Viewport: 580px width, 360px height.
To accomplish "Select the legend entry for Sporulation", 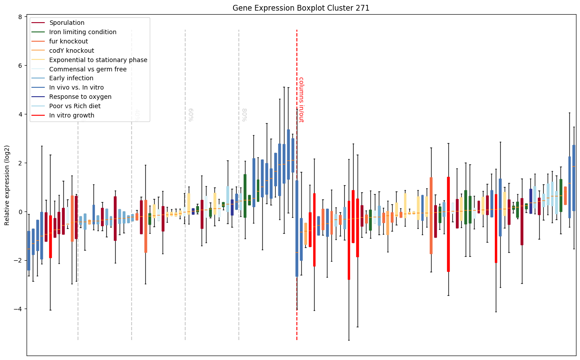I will (x=67, y=23).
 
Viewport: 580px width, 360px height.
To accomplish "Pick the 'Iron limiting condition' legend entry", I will (x=83, y=32).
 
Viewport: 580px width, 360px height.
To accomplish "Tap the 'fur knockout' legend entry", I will (x=69, y=42).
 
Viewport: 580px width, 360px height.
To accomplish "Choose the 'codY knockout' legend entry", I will (x=72, y=51).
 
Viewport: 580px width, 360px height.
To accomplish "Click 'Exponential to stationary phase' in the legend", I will (x=98, y=60).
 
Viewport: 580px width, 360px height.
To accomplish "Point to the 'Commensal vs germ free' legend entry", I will (x=88, y=70).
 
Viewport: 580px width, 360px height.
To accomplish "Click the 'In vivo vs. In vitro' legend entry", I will (x=77, y=88).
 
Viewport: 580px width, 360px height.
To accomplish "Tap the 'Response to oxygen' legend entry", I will (x=80, y=97).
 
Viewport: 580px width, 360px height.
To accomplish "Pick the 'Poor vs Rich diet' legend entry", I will (x=75, y=106).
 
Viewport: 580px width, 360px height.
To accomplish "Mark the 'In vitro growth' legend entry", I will (x=72, y=116).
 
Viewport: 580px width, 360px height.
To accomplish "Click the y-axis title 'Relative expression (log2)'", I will (x=8, y=185).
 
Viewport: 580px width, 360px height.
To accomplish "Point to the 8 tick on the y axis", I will (x=20, y=17).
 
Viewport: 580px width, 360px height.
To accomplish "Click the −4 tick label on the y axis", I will (x=18, y=309).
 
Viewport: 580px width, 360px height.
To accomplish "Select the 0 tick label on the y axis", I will (x=20, y=212).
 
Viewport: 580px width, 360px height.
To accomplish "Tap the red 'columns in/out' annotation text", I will (x=301, y=100).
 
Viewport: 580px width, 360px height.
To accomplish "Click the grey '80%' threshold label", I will (x=244, y=115).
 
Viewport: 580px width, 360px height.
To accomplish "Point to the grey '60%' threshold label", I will (x=191, y=115).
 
